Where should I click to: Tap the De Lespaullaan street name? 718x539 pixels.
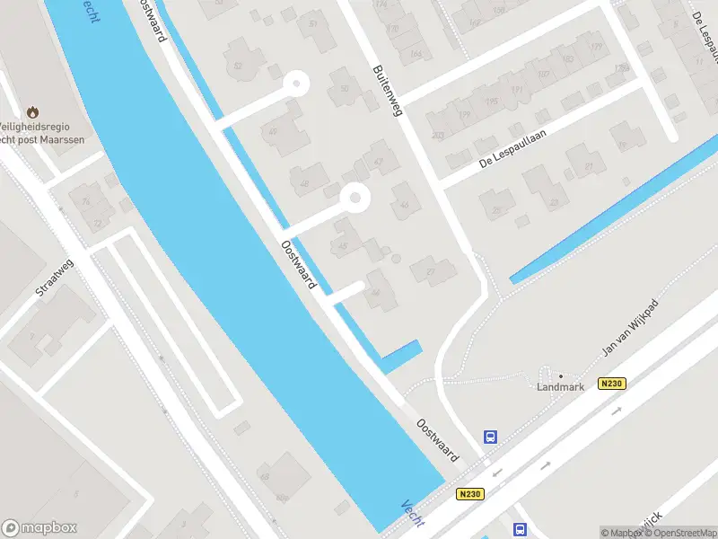(512, 149)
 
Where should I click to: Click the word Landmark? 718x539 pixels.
(560, 387)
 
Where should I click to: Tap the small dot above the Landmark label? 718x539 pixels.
(561, 376)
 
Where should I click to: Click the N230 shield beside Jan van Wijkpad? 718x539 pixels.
(611, 384)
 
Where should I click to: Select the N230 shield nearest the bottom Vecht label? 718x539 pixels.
(468, 494)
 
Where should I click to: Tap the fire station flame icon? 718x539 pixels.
(33, 112)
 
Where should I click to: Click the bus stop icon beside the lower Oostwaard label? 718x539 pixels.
(490, 437)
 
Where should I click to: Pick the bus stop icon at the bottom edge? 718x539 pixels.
(519, 530)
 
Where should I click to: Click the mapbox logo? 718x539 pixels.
(39, 528)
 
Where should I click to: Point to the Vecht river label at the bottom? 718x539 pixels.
(414, 513)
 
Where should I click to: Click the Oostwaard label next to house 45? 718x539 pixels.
(299, 263)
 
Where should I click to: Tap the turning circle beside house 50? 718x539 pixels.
(294, 85)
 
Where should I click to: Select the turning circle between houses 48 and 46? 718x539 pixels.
(355, 197)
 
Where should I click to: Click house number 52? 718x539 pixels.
(238, 66)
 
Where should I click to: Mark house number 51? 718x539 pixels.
(313, 22)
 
